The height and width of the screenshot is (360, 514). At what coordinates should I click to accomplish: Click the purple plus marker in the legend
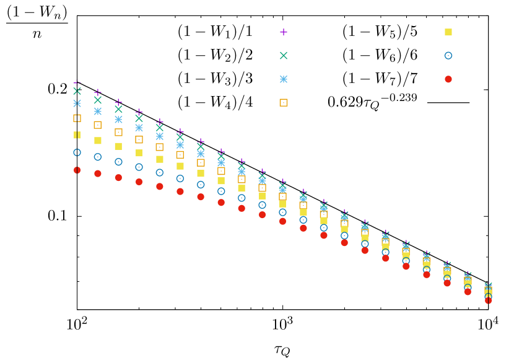tap(284, 32)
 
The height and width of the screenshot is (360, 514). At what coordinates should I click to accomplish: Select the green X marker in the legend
tap(284, 56)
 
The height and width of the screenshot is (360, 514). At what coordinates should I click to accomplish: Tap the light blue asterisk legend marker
tap(284, 79)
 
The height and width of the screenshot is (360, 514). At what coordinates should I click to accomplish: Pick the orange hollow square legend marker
tap(284, 103)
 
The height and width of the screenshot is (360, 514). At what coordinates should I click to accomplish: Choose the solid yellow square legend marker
tap(448, 32)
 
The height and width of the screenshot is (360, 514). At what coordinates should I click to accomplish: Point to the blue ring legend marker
tap(448, 56)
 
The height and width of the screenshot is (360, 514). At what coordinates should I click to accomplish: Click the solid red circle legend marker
tap(448, 79)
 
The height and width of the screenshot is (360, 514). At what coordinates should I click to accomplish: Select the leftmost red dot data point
tap(77, 170)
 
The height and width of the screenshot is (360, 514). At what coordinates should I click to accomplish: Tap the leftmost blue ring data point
tap(77, 152)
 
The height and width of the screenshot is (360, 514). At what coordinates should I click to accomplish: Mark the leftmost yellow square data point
tap(77, 135)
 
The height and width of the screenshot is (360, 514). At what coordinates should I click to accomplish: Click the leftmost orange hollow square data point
tap(77, 118)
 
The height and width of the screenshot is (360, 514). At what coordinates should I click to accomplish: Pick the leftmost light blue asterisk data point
tap(77, 103)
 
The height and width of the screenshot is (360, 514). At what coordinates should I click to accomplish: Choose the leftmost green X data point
tap(77, 91)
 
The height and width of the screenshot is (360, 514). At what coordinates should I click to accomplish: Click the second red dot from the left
tap(98, 173)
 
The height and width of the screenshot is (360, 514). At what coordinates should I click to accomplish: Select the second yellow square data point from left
tap(98, 141)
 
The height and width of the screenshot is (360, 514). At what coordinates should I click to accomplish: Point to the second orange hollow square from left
tap(98, 125)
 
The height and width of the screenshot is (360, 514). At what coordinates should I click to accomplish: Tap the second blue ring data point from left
tap(98, 157)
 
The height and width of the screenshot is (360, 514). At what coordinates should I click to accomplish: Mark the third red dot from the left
tap(118, 178)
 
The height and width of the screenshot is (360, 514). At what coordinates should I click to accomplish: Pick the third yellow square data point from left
tap(118, 146)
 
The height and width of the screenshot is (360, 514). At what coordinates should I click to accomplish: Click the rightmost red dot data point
tap(488, 301)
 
